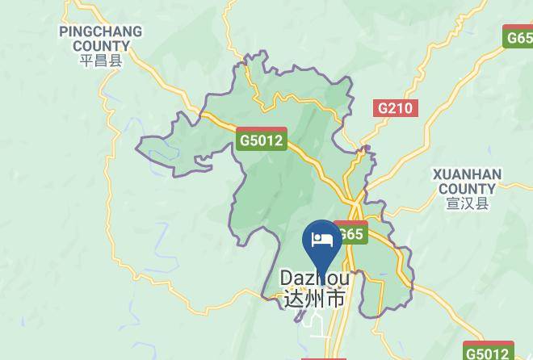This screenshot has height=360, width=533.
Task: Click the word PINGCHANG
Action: [x=101, y=32]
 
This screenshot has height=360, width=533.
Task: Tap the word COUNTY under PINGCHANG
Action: [x=101, y=46]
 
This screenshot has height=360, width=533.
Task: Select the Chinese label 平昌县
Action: [x=101, y=61]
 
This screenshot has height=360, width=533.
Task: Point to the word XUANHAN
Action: [x=468, y=174]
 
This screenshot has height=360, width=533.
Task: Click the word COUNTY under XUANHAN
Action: [x=468, y=188]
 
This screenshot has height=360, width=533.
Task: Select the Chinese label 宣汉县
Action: [x=468, y=203]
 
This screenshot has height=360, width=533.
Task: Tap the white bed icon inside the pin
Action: [x=321, y=240]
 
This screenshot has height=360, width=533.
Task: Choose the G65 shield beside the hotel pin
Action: [x=351, y=233]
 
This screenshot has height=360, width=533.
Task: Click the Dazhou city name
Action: [x=315, y=278]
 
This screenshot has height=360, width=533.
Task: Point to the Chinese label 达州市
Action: [x=315, y=298]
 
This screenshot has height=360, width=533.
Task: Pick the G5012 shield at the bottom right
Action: [x=489, y=352]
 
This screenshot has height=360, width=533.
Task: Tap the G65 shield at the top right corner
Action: [x=518, y=37]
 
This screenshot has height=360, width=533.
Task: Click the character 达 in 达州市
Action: [x=294, y=298]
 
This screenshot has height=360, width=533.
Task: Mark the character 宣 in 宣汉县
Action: [x=453, y=203]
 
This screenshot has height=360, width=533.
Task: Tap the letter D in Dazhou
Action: [x=287, y=278]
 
